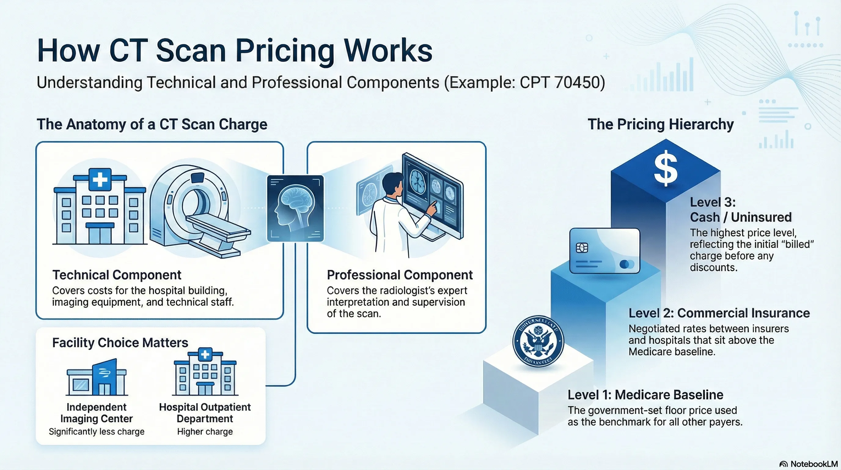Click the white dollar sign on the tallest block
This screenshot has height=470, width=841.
(666, 169)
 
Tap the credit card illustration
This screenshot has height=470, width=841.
(605, 251)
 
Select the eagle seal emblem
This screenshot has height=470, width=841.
(538, 341)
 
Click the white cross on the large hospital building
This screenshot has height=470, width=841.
(100, 179)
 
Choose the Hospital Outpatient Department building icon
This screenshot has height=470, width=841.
(205, 373)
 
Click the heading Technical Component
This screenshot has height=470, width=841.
(116, 275)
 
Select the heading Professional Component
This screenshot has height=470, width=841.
(400, 275)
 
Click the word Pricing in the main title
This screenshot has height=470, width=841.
(285, 51)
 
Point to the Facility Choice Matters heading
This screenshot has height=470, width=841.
(120, 342)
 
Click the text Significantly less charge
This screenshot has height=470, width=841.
(97, 432)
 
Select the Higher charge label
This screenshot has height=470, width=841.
(205, 432)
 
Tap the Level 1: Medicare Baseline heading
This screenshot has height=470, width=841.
(645, 395)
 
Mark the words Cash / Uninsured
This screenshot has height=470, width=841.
(741, 217)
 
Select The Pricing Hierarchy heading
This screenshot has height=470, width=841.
(660, 125)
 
